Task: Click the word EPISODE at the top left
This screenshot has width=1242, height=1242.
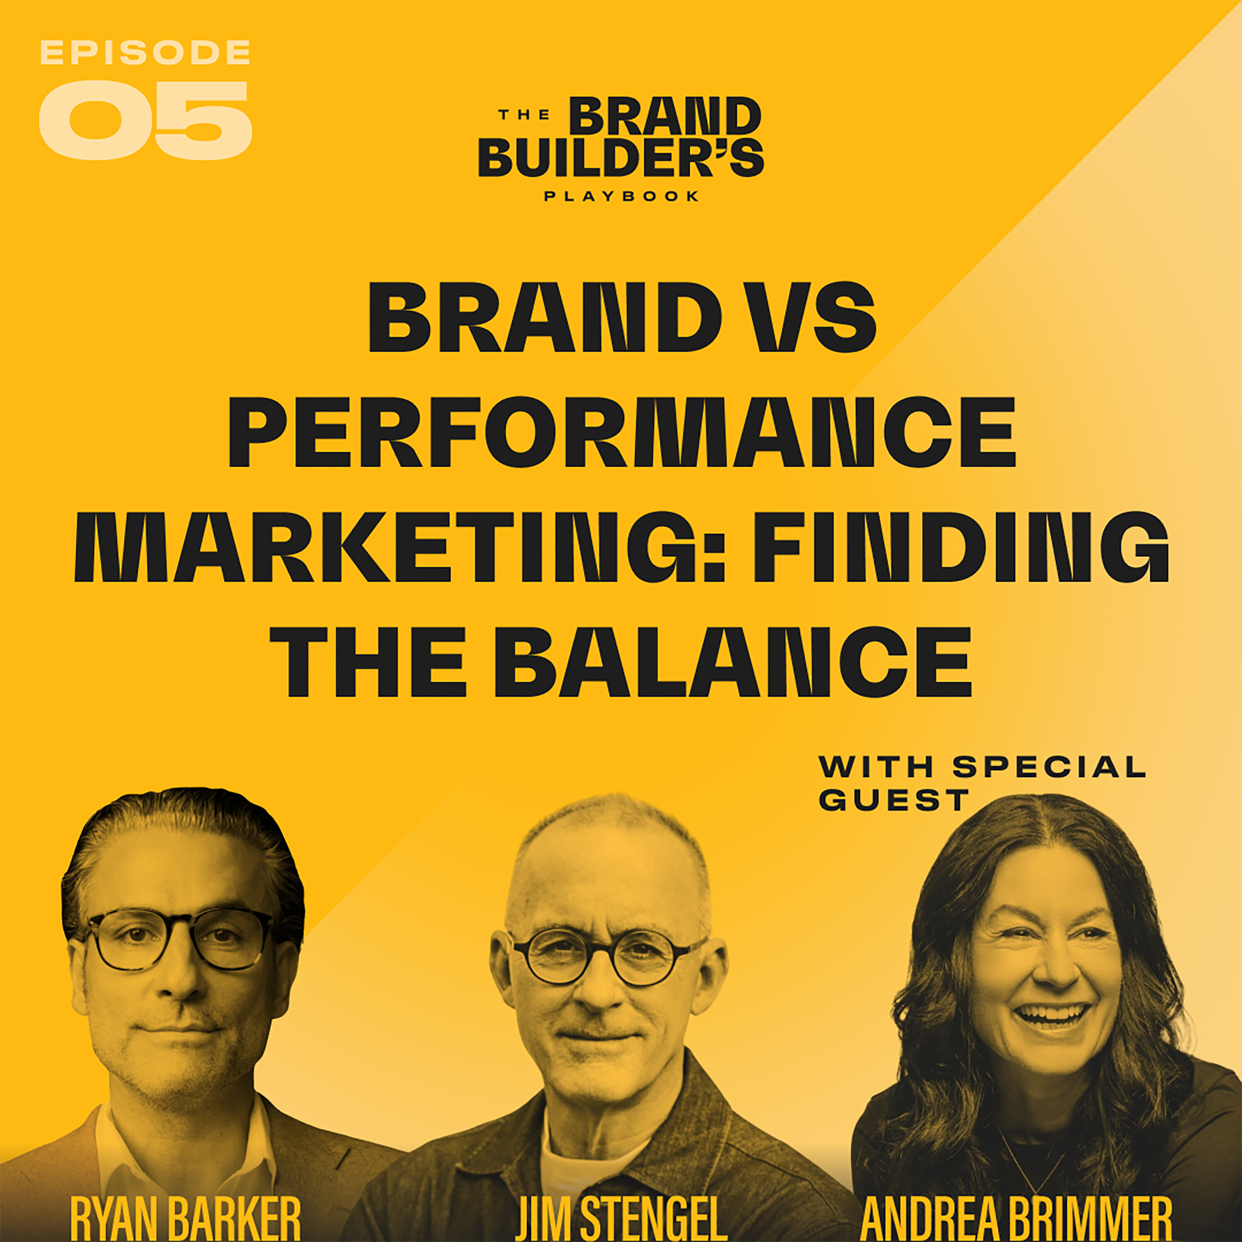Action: coord(144,53)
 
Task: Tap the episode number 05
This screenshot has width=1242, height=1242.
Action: coord(144,120)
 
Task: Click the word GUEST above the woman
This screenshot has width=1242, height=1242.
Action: coord(893,800)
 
